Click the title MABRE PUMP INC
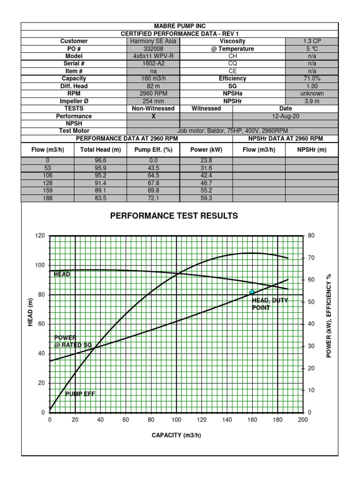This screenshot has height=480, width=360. click(180, 26)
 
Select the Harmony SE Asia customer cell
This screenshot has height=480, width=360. click(153, 41)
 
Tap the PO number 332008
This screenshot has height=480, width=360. click(153, 49)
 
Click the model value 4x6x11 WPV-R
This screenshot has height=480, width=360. click(153, 56)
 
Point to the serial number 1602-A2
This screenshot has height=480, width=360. click(153, 64)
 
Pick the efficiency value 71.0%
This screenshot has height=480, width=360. click(312, 79)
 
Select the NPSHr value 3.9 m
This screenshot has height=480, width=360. click(312, 101)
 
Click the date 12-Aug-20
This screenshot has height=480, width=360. click(285, 116)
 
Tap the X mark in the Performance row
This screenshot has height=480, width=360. click(153, 116)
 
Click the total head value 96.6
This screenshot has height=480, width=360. click(101, 160)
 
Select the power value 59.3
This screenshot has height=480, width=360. click(206, 198)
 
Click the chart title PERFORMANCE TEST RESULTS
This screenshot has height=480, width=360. click(174, 216)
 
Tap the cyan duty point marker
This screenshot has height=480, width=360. click(252, 292)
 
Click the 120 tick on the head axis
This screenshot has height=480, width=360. click(39, 236)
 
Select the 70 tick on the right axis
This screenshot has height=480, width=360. click(311, 258)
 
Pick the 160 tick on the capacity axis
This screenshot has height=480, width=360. click(252, 420)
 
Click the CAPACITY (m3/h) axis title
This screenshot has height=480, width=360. click(176, 435)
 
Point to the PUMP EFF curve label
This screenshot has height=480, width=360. click(80, 394)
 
